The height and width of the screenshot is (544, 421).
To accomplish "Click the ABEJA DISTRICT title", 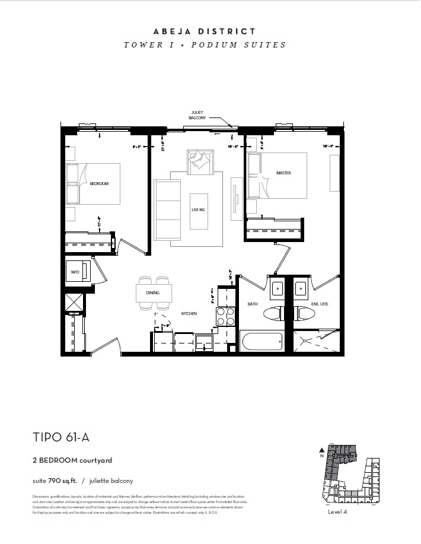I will tap(204, 31).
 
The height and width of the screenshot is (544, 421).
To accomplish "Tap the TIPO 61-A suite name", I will tap(62, 438).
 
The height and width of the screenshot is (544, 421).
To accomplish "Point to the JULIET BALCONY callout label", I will tap(197, 114).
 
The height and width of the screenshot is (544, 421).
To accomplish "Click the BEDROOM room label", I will tap(99, 184).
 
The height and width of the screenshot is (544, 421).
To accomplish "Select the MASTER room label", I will tap(283, 173).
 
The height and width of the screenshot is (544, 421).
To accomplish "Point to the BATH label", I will tap(253, 304).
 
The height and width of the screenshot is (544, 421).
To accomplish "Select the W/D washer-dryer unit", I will tap(78, 272).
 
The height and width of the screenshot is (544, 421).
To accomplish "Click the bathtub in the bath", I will tap(261, 342).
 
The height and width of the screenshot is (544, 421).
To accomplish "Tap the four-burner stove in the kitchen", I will tap(225, 317).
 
